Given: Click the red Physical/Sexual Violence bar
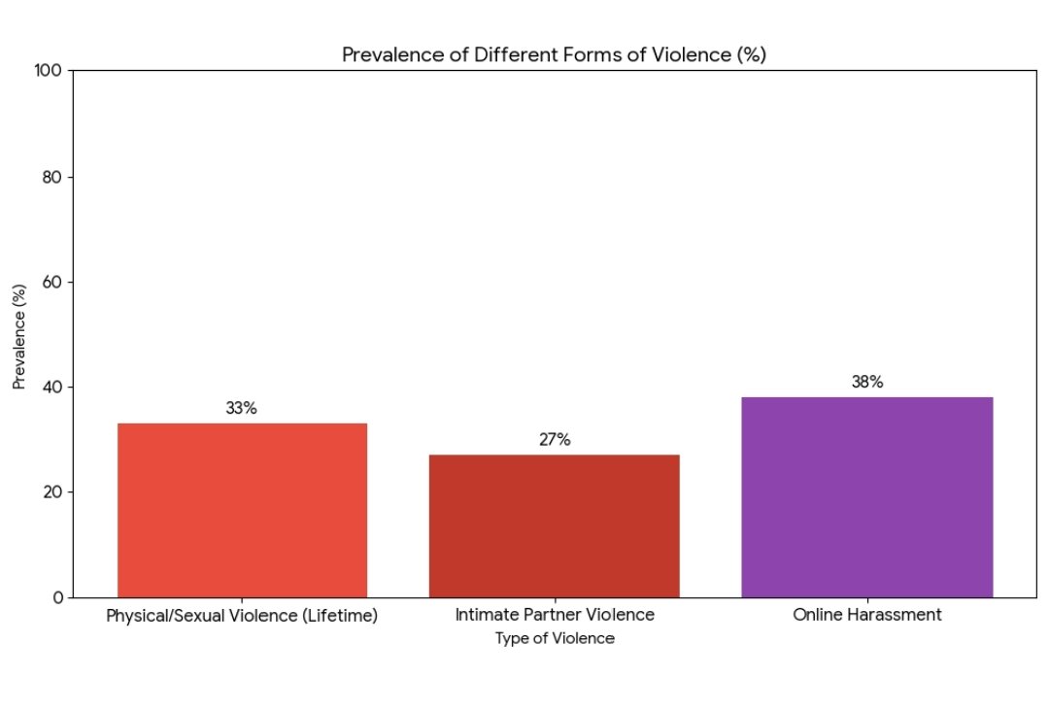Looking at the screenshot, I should pos(242,510).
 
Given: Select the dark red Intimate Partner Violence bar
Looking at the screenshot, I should pos(554,525).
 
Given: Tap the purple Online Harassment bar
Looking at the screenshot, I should pos(866,496).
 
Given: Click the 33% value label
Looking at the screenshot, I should pos(241,409).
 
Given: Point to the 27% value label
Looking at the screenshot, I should pos(555,440).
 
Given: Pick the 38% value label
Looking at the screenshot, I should pos(867,383).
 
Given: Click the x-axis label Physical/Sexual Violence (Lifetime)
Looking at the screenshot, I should pos(242,616).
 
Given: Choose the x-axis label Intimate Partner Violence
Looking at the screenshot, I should pos(555,615).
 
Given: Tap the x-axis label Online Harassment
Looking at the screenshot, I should pos(867,615).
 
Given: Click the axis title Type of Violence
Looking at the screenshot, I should pos(555,638).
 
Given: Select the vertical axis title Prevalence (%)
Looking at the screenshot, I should pos(19,335).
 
